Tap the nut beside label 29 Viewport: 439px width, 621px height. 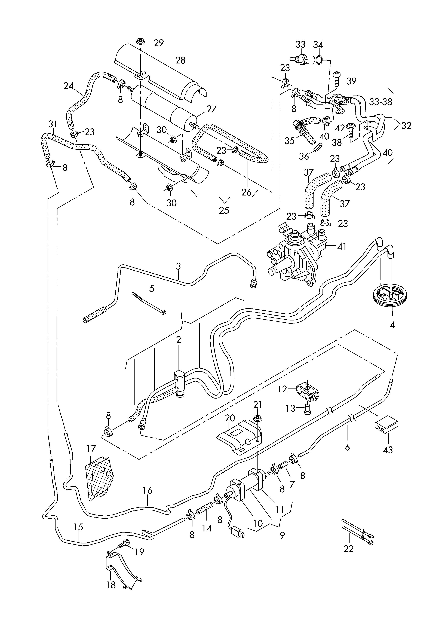[x=140, y=41]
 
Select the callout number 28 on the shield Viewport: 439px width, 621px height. [x=180, y=60]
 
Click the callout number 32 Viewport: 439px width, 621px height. [x=406, y=126]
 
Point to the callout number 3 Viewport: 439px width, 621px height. [x=178, y=266]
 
